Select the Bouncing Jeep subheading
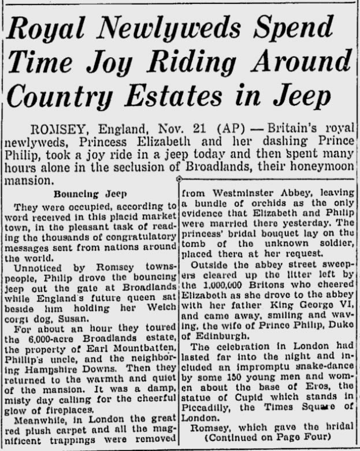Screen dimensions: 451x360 tap(84, 195)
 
